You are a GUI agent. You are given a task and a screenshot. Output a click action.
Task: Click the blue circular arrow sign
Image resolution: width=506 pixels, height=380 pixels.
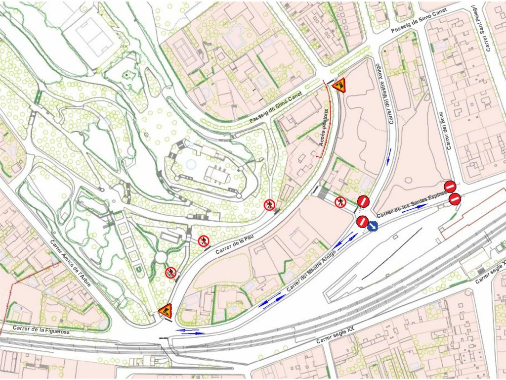pyautogui.click(x=373, y=226)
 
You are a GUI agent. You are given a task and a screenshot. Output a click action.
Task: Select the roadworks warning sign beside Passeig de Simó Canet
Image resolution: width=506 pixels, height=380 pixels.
pyautogui.click(x=339, y=85)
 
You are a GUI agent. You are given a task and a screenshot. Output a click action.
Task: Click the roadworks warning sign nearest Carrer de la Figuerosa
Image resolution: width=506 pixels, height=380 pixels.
pyautogui.click(x=165, y=310)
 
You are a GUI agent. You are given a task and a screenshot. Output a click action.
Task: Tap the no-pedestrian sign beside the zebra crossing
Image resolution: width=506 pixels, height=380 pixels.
pyautogui.click(x=340, y=202)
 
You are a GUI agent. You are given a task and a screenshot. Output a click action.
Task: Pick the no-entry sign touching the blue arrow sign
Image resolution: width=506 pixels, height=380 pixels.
pyautogui.click(x=362, y=221)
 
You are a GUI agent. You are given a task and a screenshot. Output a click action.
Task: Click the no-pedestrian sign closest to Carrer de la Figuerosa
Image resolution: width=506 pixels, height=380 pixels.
pyautogui.click(x=170, y=272)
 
